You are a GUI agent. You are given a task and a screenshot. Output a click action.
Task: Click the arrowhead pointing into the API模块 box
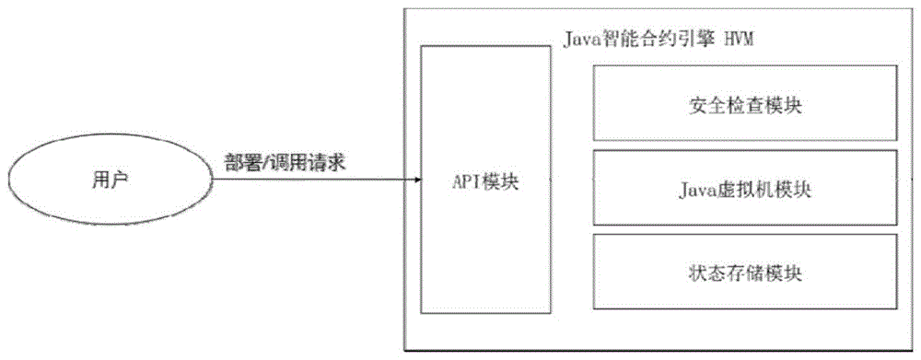click(415, 180)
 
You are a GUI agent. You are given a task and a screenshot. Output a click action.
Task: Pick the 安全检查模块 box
click(743, 104)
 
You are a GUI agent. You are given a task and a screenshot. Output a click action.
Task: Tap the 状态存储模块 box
click(743, 273)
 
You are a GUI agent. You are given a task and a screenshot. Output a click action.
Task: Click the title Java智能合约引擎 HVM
click(659, 40)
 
